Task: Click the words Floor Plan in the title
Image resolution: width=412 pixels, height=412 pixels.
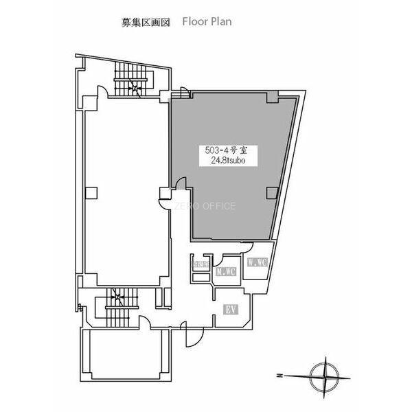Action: (207, 21)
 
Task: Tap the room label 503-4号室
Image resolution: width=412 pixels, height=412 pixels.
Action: (221, 148)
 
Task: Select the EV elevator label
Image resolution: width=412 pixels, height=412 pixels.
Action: (231, 310)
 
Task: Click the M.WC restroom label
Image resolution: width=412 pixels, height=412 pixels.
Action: (225, 273)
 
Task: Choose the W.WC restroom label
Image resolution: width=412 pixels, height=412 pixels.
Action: (257, 262)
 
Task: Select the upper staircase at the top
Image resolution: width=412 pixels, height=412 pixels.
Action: (130, 79)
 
